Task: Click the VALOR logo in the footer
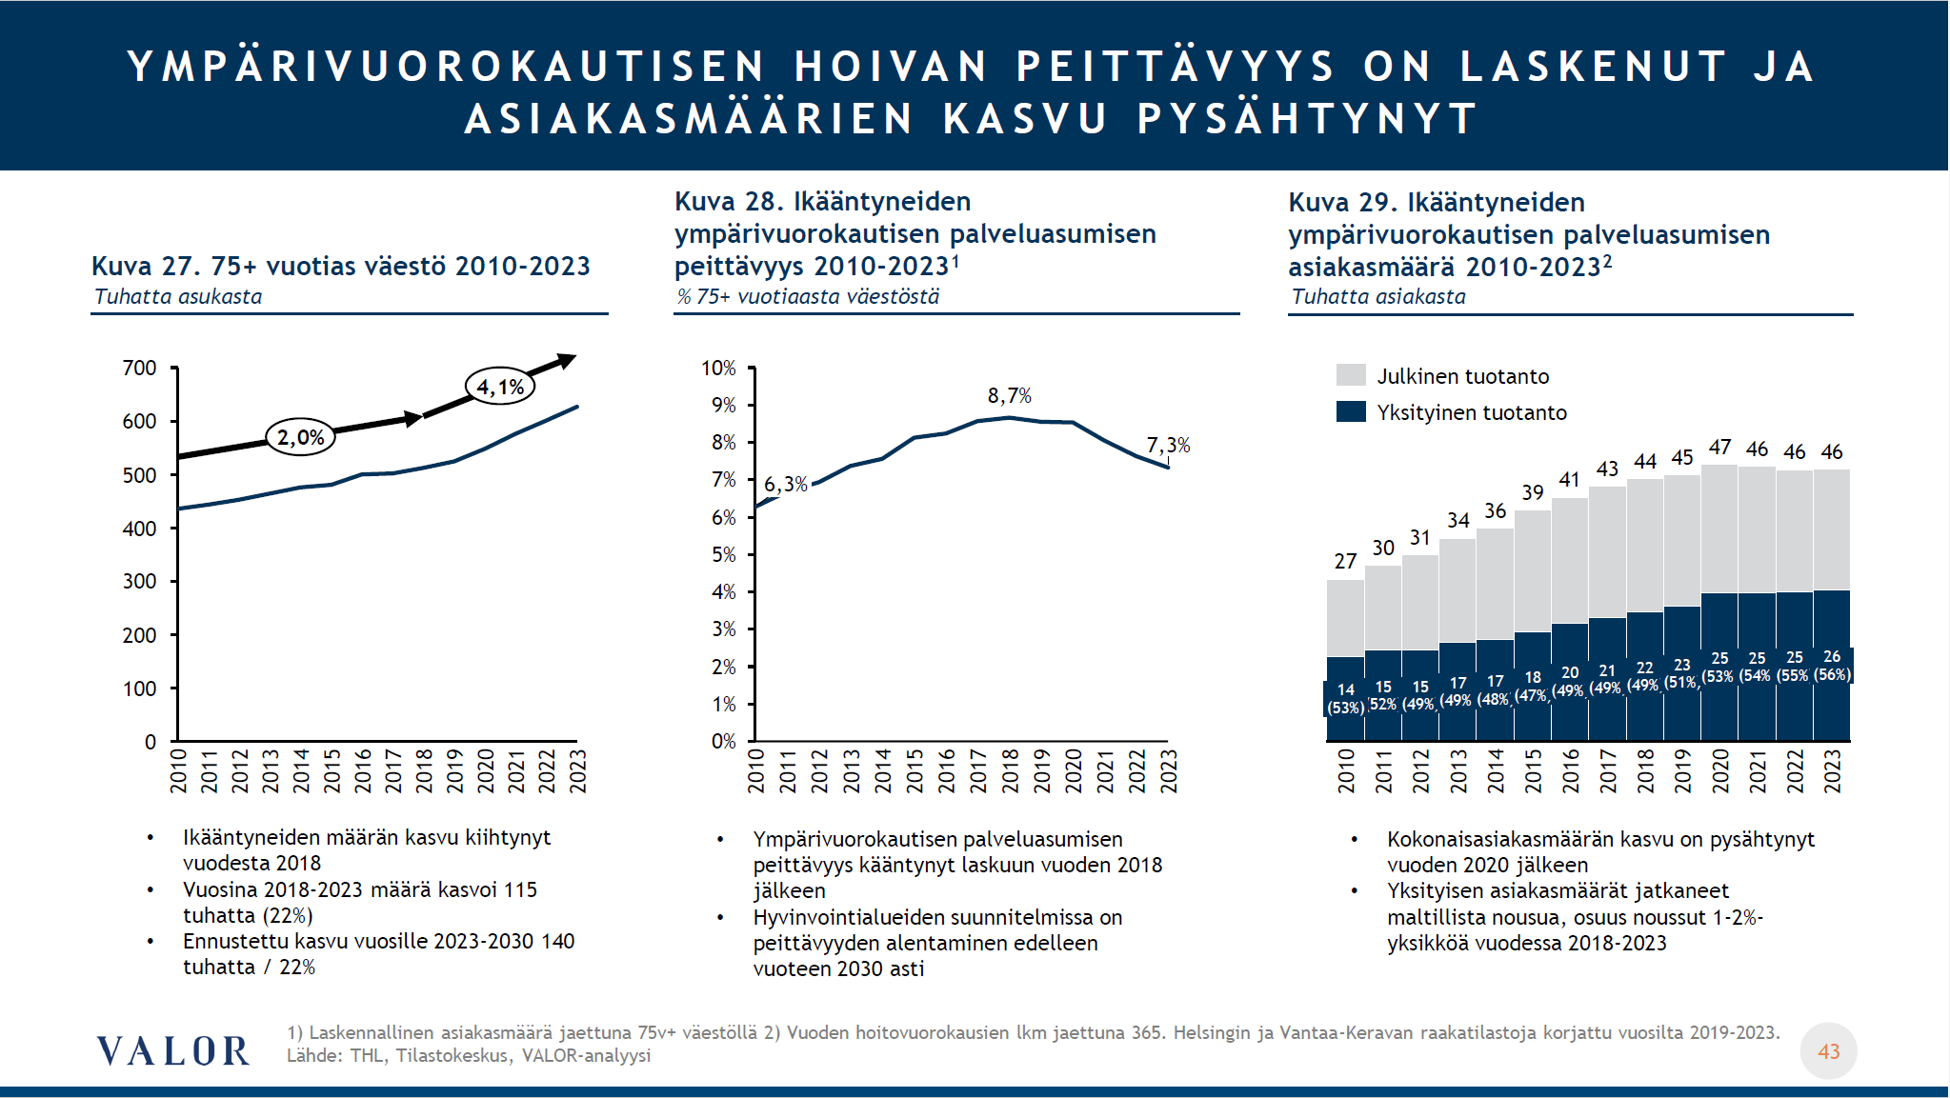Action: click(x=172, y=1051)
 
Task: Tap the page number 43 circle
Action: click(x=1828, y=1051)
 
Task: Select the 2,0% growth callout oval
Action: click(x=300, y=437)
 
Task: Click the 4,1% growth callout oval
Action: click(x=500, y=387)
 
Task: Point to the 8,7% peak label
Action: click(x=1009, y=395)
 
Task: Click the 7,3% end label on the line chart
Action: click(x=1168, y=445)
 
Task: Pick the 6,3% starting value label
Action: click(x=785, y=485)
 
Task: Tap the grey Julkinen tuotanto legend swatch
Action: click(x=1351, y=375)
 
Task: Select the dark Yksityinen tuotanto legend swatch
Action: click(x=1351, y=411)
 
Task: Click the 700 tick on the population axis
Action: click(x=140, y=368)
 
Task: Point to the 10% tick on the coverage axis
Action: click(x=718, y=368)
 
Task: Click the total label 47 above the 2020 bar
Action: click(x=1719, y=448)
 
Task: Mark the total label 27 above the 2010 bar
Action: click(x=1345, y=562)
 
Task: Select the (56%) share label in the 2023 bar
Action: click(x=1832, y=674)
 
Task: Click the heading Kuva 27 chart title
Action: click(x=340, y=266)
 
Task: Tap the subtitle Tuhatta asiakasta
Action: click(x=1378, y=296)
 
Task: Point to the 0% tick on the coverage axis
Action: click(x=723, y=741)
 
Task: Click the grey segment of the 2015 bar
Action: click(x=1532, y=571)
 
